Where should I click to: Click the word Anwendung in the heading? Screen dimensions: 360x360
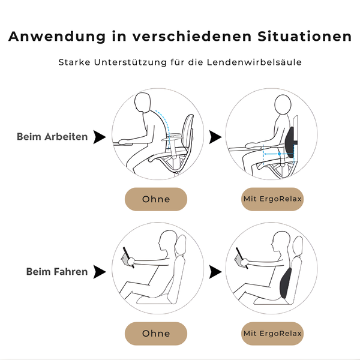pyautogui.click(x=57, y=37)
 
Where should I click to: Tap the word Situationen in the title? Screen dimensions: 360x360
pyautogui.click(x=304, y=36)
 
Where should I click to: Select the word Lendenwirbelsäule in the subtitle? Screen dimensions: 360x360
pyautogui.click(x=254, y=62)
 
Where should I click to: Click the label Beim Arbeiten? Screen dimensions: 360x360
pyautogui.click(x=52, y=137)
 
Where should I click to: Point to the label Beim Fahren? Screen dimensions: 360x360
pyautogui.click(x=57, y=272)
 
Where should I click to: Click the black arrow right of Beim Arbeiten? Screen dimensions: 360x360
pyautogui.click(x=100, y=137)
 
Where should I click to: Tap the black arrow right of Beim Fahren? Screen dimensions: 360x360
pyautogui.click(x=100, y=272)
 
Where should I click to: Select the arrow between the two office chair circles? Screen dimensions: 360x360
pyautogui.click(x=215, y=137)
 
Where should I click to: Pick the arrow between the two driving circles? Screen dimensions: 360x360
pyautogui.click(x=215, y=272)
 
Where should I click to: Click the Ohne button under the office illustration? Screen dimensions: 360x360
pyautogui.click(x=156, y=199)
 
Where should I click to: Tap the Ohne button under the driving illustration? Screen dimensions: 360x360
pyautogui.click(x=156, y=334)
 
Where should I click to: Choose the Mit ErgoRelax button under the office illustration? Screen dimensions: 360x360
pyautogui.click(x=272, y=199)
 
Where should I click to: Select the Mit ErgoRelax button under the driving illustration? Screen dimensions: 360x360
pyautogui.click(x=272, y=334)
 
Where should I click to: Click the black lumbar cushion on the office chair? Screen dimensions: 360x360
pyautogui.click(x=290, y=142)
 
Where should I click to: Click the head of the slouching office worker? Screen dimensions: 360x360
pyautogui.click(x=142, y=103)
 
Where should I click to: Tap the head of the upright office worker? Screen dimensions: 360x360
pyautogui.click(x=283, y=104)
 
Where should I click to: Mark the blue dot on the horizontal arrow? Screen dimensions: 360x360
pyautogui.click(x=279, y=154)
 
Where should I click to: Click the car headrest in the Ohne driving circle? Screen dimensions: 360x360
pyautogui.click(x=181, y=245)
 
